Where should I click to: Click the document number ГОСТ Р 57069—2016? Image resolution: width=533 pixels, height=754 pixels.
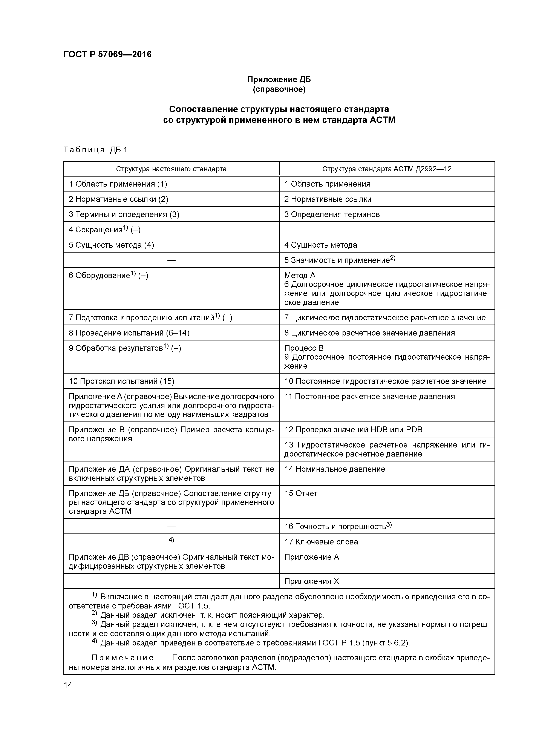[x=107, y=55]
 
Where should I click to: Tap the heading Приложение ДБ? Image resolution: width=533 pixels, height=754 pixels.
[x=279, y=80]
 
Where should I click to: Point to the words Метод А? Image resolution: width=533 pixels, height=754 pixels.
[x=300, y=275]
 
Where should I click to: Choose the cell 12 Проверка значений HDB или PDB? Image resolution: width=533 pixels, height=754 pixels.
[x=353, y=429]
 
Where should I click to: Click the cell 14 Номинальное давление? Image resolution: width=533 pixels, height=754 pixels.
[x=334, y=469]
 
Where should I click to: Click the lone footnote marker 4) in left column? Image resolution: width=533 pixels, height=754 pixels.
[x=171, y=540]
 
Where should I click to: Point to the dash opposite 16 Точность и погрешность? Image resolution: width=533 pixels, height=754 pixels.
[x=171, y=526]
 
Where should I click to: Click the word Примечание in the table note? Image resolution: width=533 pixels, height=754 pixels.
[x=122, y=658]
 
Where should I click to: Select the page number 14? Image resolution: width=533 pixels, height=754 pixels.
[x=68, y=685]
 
